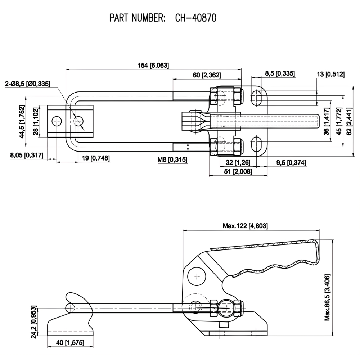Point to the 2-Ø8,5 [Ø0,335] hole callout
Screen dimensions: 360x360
coord(27,84)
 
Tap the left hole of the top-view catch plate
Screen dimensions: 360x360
coord(56,121)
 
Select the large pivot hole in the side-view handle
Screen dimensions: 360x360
coord(196,276)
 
